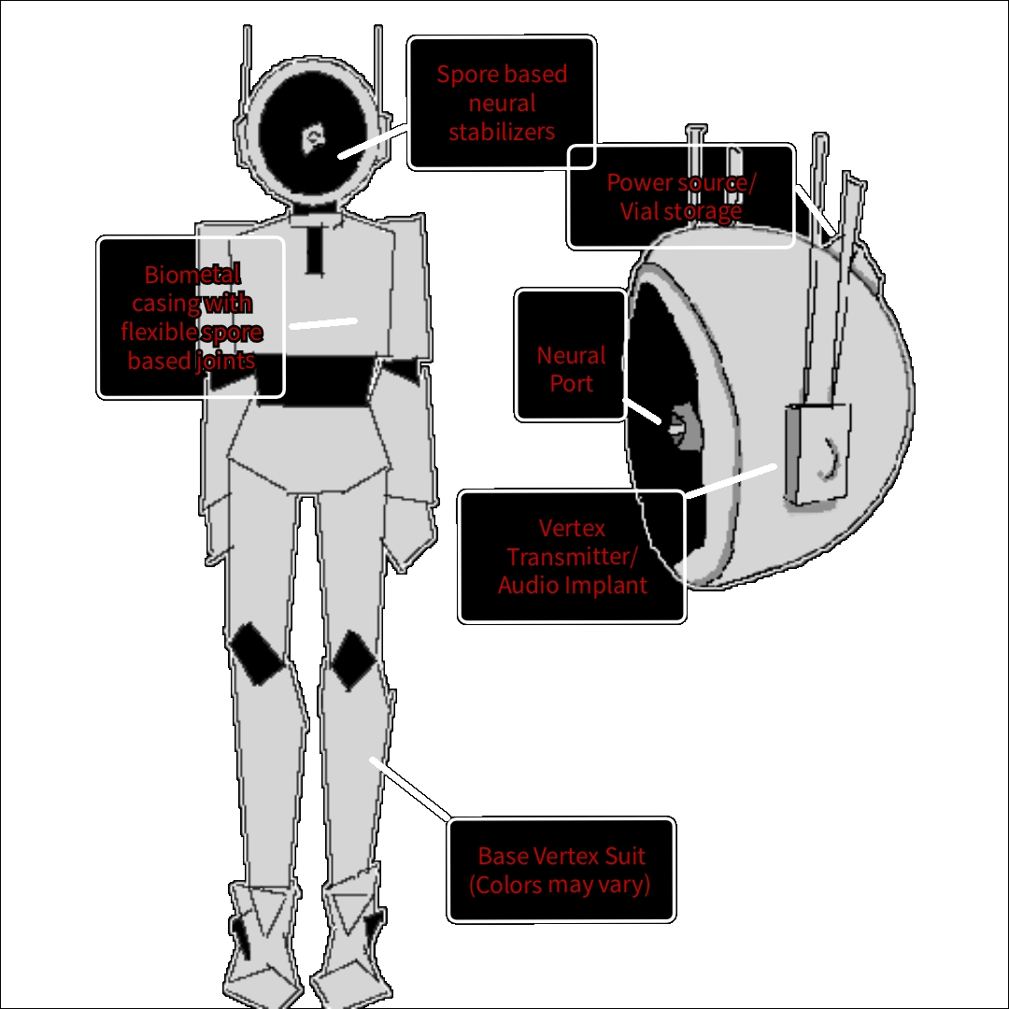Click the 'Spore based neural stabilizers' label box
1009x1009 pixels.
tap(502, 103)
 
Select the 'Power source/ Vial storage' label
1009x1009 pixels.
tap(680, 196)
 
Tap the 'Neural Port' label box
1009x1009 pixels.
tap(571, 354)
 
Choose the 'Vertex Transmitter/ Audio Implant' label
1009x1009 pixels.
tap(572, 557)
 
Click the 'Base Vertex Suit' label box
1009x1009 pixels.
tap(561, 871)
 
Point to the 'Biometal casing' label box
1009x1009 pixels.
tap(191, 318)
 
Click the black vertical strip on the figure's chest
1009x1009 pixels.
tap(315, 248)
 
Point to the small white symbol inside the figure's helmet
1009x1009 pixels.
tap(311, 139)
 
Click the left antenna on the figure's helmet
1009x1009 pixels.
tap(247, 70)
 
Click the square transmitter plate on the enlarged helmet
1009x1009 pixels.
tap(818, 453)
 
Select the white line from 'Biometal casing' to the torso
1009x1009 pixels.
tap(323, 323)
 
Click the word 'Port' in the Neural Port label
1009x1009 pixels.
tap(571, 383)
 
